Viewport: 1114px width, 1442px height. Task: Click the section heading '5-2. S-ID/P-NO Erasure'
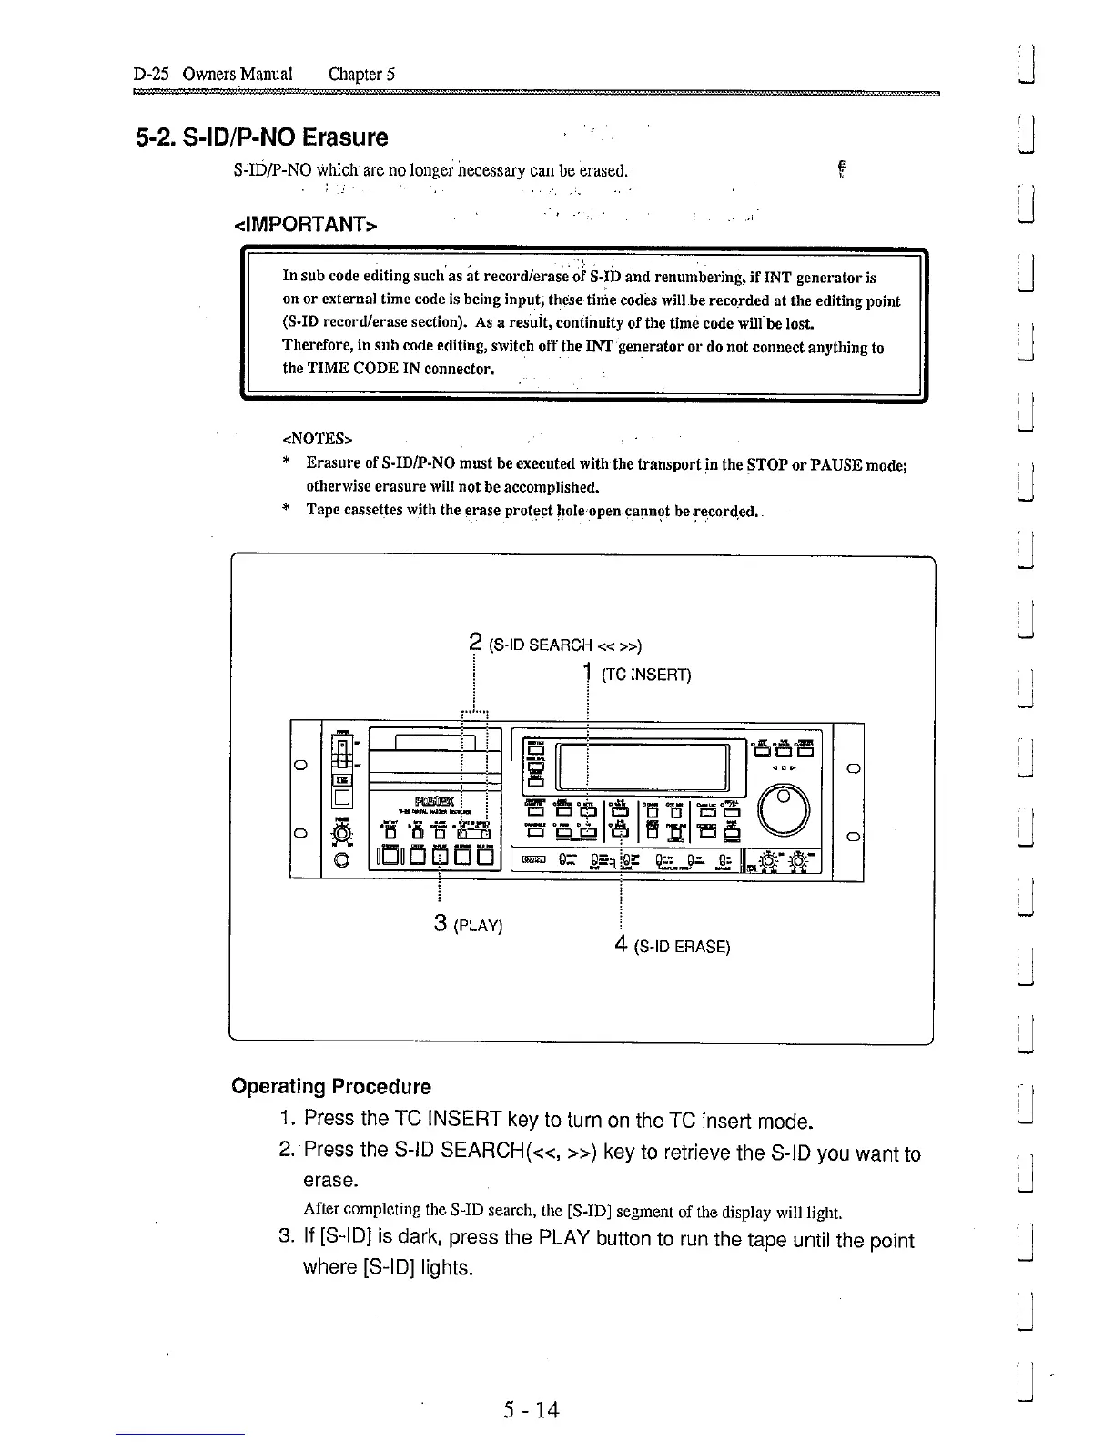click(262, 137)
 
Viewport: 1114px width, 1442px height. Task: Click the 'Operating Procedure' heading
click(331, 1086)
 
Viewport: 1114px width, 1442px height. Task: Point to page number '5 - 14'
click(532, 1410)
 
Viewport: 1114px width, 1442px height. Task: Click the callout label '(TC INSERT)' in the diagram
click(646, 675)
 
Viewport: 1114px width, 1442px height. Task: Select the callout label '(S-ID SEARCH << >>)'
click(565, 645)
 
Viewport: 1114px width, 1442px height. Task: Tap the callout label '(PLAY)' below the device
click(477, 926)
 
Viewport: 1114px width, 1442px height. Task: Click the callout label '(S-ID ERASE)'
click(682, 947)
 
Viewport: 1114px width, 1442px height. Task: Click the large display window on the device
click(643, 767)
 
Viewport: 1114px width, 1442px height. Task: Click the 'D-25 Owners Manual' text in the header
click(212, 74)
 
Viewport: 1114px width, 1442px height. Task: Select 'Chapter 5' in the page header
click(361, 74)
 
